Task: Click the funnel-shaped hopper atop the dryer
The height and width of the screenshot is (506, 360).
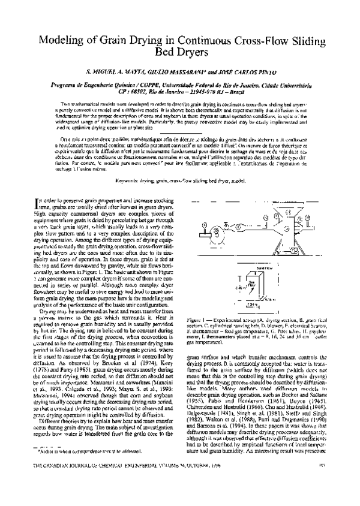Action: coord(295,213)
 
